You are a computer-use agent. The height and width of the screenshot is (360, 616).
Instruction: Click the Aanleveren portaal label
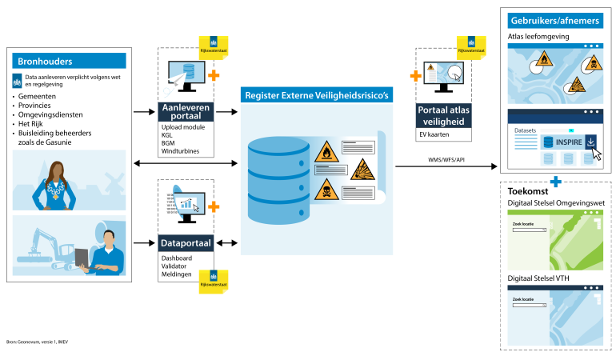pos(186,111)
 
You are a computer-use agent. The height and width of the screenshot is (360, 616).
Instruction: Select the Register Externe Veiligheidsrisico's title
pos(317,95)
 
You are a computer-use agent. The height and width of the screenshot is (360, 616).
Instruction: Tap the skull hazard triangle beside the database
pos(325,190)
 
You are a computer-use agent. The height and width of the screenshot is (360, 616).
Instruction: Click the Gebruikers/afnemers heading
pos(556,19)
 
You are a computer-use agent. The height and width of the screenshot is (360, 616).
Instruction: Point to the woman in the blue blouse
pos(60,186)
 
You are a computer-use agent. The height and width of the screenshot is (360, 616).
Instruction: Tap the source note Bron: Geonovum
pos(38,342)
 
